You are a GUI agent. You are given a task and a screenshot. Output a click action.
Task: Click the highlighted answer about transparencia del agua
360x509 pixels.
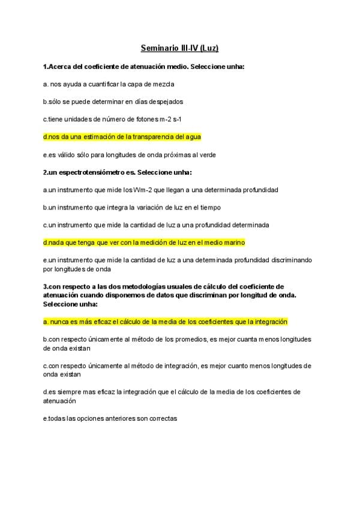(122, 137)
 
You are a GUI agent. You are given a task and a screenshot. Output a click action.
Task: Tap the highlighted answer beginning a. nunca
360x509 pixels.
(165, 322)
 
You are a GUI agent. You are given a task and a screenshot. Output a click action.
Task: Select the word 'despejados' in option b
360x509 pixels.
(161, 102)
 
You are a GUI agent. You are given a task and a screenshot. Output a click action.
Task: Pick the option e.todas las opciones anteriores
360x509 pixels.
(110, 418)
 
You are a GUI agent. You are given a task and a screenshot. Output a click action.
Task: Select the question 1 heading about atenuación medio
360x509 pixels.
(143, 66)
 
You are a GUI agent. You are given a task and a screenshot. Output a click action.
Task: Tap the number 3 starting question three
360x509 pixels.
(45, 286)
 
